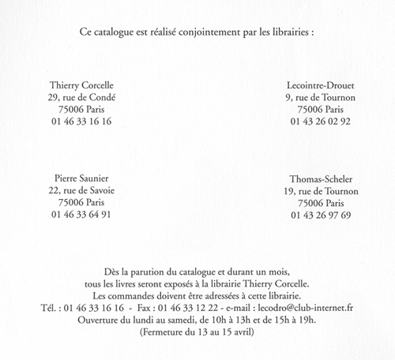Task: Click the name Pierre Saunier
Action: [x=81, y=178]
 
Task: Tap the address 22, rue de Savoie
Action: [x=81, y=190]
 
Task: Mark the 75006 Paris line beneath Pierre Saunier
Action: [x=81, y=202]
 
